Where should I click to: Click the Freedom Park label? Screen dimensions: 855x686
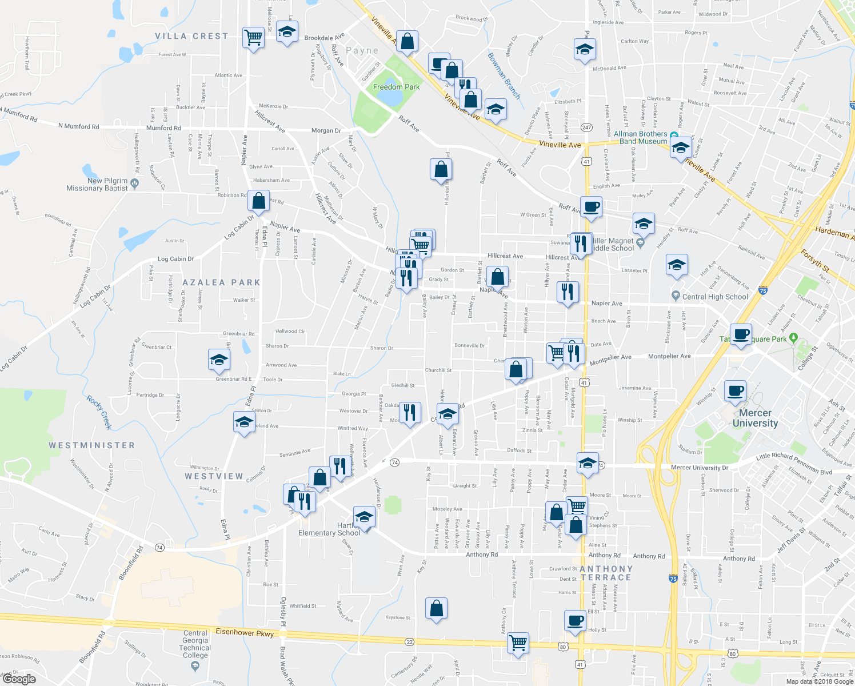click(396, 87)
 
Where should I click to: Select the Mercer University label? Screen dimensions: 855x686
click(755, 418)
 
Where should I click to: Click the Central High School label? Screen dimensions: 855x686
click(715, 297)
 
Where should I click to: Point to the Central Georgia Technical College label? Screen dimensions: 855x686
click(195, 644)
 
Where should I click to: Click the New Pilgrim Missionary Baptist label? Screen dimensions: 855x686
click(97, 184)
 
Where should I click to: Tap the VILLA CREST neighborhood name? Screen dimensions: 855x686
click(191, 36)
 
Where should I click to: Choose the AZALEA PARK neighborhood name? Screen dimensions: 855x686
click(221, 282)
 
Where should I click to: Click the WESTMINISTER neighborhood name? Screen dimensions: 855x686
click(91, 445)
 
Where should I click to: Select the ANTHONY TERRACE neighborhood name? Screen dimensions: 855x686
click(606, 573)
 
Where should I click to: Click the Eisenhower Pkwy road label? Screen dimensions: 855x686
click(245, 632)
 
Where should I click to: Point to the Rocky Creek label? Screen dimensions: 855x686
click(99, 412)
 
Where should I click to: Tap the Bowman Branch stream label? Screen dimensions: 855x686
click(504, 75)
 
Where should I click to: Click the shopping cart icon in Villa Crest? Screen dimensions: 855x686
click(253, 38)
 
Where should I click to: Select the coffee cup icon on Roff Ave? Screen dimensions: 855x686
click(591, 206)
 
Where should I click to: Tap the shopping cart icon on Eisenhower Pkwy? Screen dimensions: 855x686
click(518, 643)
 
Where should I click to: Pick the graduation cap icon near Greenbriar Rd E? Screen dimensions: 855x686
click(219, 360)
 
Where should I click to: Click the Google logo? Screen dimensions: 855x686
click(19, 679)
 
